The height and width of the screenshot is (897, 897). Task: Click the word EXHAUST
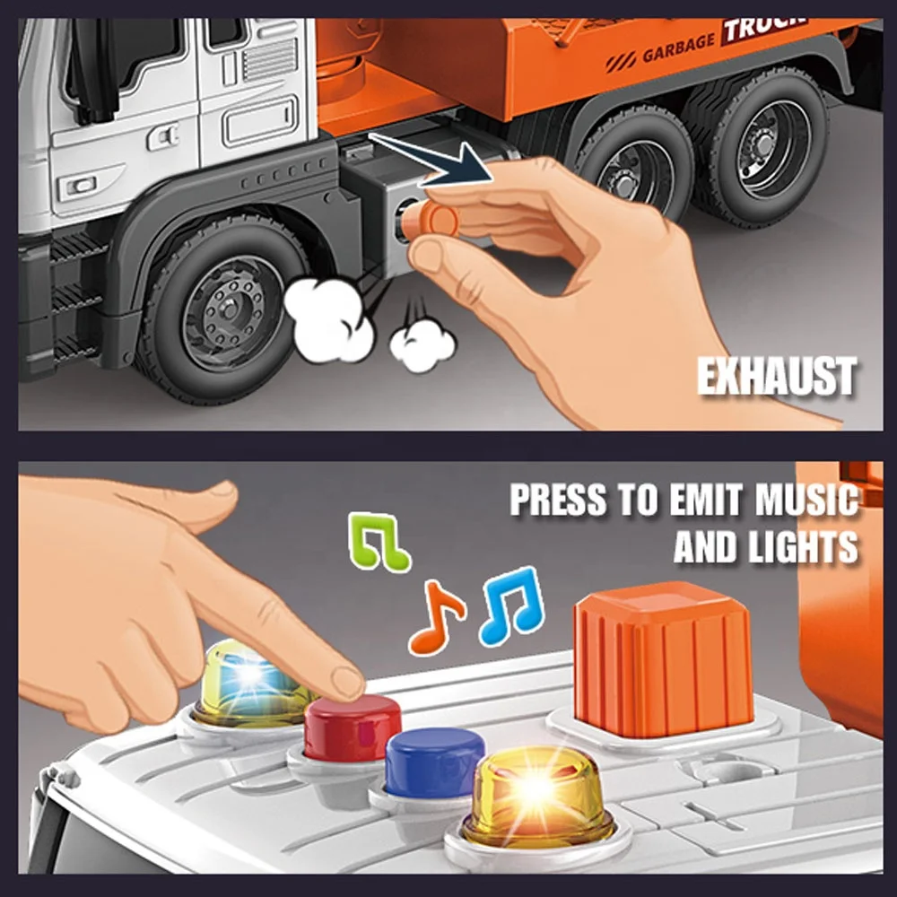[x=778, y=376]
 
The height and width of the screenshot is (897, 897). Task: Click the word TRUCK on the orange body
[x=764, y=27]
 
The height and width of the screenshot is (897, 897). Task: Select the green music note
[x=379, y=542]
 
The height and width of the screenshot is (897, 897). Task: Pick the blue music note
[x=511, y=605]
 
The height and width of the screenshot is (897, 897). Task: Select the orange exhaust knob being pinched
[x=433, y=221]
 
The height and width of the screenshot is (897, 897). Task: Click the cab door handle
[x=163, y=137]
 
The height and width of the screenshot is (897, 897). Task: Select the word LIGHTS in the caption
[x=804, y=547]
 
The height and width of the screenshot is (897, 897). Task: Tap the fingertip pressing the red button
[x=347, y=682]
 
